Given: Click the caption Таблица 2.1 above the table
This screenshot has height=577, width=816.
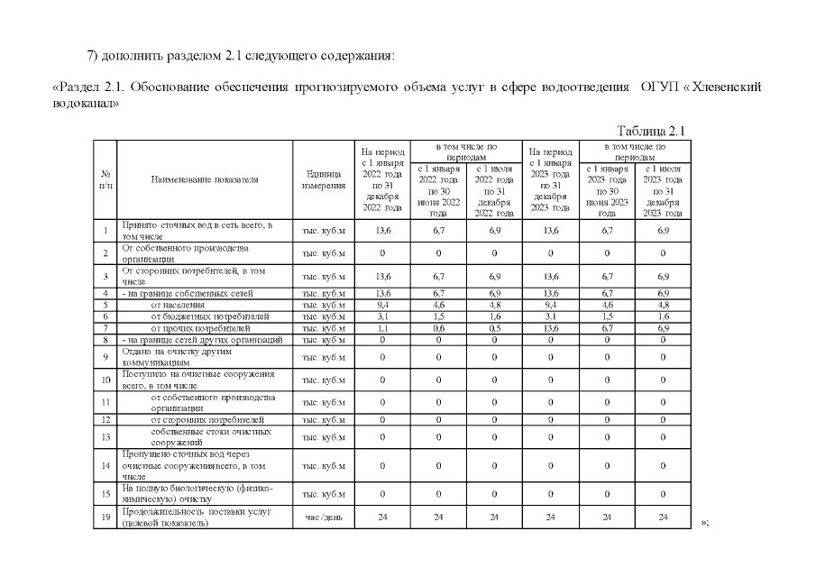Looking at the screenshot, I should [651, 131].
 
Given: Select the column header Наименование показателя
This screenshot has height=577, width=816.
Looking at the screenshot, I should [205, 179].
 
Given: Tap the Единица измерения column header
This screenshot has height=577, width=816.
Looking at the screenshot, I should [324, 179].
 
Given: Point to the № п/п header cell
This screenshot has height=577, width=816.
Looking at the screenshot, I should [105, 179].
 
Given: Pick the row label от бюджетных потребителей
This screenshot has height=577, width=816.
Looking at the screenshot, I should [209, 316].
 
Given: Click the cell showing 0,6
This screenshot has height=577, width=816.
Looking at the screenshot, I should [438, 328].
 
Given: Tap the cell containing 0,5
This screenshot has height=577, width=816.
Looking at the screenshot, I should [494, 328].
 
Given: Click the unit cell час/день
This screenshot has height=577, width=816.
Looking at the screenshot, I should [324, 518].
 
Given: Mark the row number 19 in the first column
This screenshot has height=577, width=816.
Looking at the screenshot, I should [105, 517].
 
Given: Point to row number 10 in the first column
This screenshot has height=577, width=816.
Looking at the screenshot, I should [105, 380].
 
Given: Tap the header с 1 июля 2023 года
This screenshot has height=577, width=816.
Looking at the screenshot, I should [663, 190].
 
